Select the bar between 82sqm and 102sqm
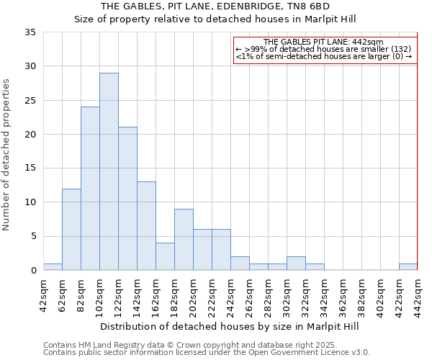[90, 189]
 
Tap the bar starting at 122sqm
[127, 199]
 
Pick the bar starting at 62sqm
[71, 229]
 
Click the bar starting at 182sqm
[184, 239]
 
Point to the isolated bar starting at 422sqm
[408, 267]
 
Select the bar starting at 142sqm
[146, 226]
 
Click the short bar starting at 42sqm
[53, 267]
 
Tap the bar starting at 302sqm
[296, 264]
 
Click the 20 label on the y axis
[30, 135]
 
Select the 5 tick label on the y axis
[32, 236]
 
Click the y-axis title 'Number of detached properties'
[7, 155]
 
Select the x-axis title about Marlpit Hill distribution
[229, 326]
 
